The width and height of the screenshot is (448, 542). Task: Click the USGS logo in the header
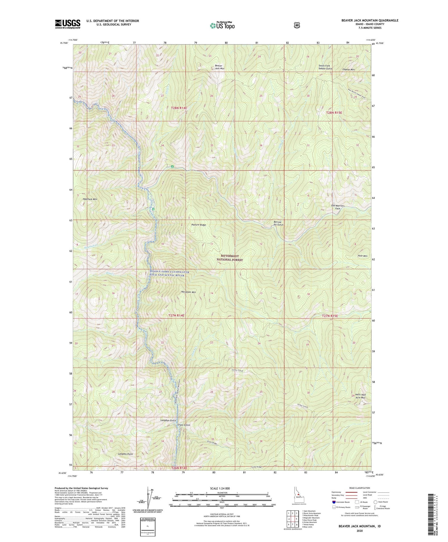[67, 24]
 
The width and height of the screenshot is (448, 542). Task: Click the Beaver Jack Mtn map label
[220, 67]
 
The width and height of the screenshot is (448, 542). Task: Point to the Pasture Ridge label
[199, 225]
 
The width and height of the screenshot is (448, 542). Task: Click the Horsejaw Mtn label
[188, 292]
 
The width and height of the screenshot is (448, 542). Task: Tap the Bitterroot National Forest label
[230, 258]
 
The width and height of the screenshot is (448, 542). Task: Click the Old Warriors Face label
[338, 207]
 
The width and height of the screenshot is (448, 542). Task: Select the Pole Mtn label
[362, 256]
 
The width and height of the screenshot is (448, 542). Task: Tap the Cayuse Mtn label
[348, 69]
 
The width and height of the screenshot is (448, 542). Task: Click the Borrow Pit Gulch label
[278, 223]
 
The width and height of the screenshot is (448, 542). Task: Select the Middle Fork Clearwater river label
[169, 274]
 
